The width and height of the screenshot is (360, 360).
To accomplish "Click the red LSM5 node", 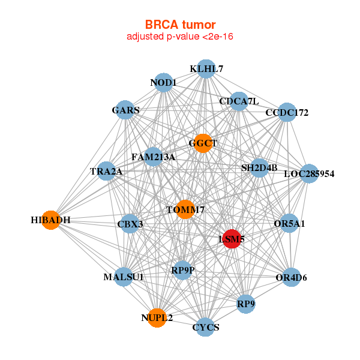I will click(x=232, y=238).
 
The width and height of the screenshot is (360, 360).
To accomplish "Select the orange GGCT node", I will click(x=203, y=143).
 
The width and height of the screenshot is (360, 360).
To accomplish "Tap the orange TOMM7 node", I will click(x=185, y=209).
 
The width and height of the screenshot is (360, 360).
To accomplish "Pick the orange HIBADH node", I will click(x=51, y=220).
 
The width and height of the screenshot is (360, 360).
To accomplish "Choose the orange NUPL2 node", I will click(x=157, y=318).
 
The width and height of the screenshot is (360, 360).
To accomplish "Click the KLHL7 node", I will click(x=206, y=69).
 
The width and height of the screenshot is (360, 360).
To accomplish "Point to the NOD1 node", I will click(x=163, y=82).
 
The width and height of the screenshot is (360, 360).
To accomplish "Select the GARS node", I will click(x=125, y=110).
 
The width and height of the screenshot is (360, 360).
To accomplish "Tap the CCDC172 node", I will click(x=287, y=113).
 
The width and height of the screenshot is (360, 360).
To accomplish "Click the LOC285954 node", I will click(x=308, y=174).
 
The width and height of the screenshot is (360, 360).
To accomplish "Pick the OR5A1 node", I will click(x=289, y=224).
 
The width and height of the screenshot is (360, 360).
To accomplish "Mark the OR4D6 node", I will click(x=291, y=277).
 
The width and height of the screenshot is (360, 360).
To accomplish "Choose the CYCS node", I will click(x=206, y=327).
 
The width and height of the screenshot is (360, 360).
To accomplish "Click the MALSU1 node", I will click(x=123, y=277).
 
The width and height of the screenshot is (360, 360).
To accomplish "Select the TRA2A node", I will click(x=106, y=172).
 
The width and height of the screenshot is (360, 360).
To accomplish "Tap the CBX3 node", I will click(x=130, y=224).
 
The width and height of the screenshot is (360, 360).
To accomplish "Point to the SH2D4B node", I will click(x=259, y=168).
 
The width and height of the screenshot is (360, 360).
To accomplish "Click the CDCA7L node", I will click(x=238, y=101).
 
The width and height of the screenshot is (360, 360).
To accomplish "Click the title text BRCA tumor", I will click(x=180, y=25).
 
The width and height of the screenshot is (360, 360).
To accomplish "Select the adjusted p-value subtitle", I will click(x=180, y=37).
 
